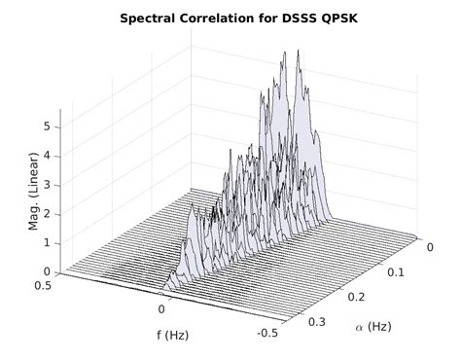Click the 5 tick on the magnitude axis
(47, 126)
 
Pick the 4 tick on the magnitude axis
(47, 156)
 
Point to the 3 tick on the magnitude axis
(47, 185)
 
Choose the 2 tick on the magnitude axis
(47, 214)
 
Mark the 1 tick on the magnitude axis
(47, 243)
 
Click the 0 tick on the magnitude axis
(47, 271)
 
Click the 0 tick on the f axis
(161, 308)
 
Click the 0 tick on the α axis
(429, 250)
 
